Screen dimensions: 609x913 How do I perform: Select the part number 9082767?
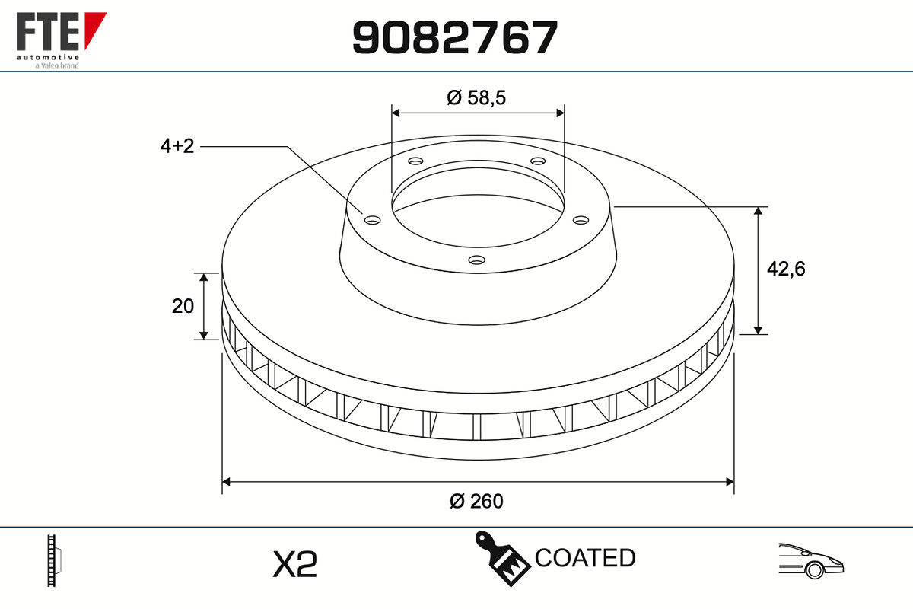(455, 37)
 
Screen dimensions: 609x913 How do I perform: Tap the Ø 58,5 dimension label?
(477, 97)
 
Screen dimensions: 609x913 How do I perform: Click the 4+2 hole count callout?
(177, 146)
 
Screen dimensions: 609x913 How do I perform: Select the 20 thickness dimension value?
(183, 306)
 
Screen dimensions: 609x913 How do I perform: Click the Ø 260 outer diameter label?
(476, 501)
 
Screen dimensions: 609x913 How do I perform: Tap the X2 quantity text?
(294, 564)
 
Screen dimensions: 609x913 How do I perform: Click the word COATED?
(585, 558)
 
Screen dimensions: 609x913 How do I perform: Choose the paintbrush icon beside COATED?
(502, 560)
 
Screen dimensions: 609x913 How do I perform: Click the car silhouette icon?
(810, 561)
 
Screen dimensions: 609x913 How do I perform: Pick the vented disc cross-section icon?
(54, 561)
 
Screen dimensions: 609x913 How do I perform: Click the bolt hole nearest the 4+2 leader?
(372, 220)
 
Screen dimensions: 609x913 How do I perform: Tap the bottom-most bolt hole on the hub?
(476, 260)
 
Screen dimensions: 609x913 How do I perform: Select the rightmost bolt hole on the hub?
(581, 220)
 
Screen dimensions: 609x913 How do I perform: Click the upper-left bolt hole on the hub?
(415, 161)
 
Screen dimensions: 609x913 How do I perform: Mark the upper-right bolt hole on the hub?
(538, 161)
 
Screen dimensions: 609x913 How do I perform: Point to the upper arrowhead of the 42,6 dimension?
(759, 212)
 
